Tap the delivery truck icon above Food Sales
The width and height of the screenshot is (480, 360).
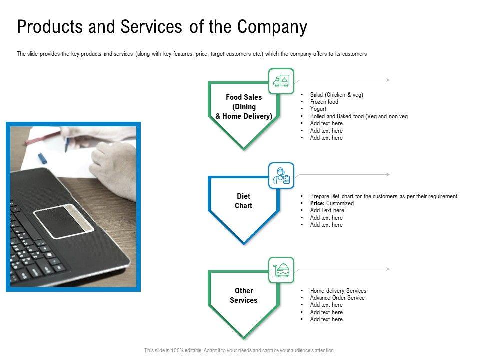tap(281, 81)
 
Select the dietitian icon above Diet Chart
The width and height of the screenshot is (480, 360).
tap(281, 176)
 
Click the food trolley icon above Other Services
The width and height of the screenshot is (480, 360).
tap(281, 270)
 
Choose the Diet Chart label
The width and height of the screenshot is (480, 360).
tap(244, 201)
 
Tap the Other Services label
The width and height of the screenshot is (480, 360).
tap(244, 295)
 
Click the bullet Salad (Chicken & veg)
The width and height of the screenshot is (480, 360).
tap(336, 95)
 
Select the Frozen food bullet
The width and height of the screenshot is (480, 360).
tap(324, 102)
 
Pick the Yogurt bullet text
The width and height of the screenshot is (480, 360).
tap(318, 109)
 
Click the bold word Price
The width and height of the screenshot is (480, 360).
tap(317, 203)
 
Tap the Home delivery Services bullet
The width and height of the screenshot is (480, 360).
tap(338, 291)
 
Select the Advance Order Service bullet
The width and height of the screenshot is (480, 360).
tap(337, 298)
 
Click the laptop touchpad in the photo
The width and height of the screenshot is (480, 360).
tap(63, 221)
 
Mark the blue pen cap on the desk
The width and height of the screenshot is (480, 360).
tap(42, 158)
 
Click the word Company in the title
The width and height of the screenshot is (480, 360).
tap(272, 27)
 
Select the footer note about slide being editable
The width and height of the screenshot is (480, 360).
tap(240, 351)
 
